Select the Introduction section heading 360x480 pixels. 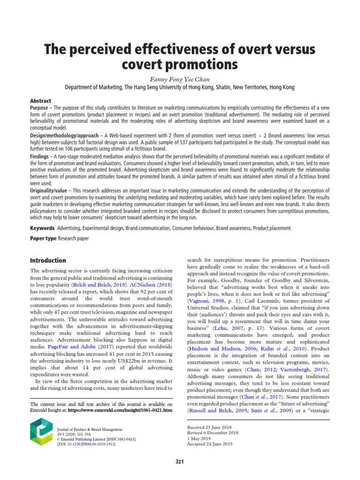48,260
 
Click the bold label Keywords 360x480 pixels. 42,228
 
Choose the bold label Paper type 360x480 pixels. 43,239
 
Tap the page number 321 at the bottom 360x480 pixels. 180,462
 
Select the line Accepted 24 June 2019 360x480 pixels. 207,443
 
